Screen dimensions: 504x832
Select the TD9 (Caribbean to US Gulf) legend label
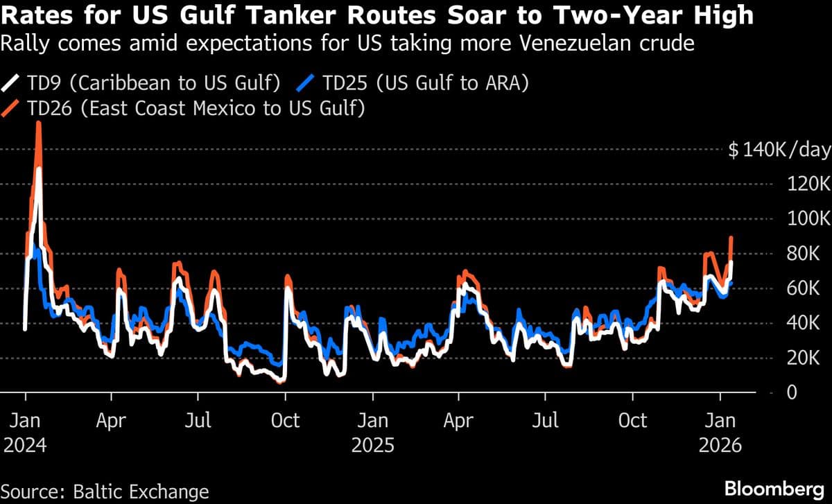pos(153,84)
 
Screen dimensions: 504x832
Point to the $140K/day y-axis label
pos(779,150)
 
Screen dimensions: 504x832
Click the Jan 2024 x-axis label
pos(25,433)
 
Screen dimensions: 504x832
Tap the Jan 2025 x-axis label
pos(372,433)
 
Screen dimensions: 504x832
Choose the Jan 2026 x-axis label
pos(720,433)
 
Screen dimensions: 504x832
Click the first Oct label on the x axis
pos(285,421)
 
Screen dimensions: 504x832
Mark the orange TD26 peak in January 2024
pos(39,123)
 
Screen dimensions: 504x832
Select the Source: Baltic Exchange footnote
pos(105,492)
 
